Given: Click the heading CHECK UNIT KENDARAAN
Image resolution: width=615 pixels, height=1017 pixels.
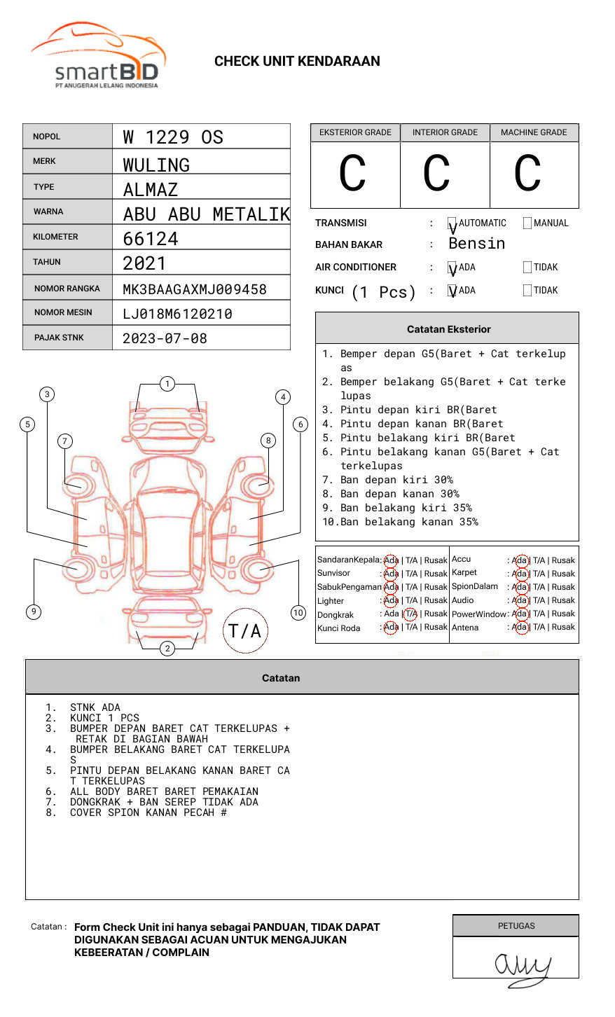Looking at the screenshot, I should point(297,62).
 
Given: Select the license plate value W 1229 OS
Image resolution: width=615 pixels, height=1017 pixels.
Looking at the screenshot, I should point(173,137).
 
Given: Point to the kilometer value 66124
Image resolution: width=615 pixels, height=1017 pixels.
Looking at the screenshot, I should point(151,239).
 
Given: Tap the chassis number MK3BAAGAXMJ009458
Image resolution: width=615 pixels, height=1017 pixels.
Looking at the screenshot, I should point(195,289).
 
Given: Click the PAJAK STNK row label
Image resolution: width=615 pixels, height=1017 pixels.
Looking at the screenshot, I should point(59,338).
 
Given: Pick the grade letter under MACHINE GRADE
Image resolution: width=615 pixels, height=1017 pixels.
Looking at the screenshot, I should point(527,174).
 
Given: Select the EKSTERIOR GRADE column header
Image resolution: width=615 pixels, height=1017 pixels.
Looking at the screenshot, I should point(355,132).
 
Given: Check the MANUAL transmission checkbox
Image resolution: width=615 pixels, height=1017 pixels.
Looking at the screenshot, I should point(527,223).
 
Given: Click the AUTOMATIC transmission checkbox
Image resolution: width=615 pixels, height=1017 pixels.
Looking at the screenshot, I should point(452,224).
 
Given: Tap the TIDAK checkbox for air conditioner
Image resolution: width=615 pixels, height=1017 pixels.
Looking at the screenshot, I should point(527,268).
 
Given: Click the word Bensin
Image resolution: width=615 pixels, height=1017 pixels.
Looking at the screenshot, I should point(476,244).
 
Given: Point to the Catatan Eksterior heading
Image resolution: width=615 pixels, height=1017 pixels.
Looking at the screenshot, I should point(449,329).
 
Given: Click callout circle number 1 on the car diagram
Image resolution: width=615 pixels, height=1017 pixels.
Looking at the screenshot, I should point(167,384).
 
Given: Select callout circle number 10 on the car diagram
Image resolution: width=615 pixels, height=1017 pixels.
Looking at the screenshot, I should point(298,613).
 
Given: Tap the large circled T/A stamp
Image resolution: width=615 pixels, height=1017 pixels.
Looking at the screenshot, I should point(245,631).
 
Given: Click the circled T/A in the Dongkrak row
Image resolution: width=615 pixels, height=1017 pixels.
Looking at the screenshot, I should point(410,614).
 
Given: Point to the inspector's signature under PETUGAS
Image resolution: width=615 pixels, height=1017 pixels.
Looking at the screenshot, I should point(522,967).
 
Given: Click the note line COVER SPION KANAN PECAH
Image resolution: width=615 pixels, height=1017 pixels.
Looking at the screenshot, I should point(148,812).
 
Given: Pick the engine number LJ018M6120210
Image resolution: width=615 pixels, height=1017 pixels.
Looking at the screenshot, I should point(177,314).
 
